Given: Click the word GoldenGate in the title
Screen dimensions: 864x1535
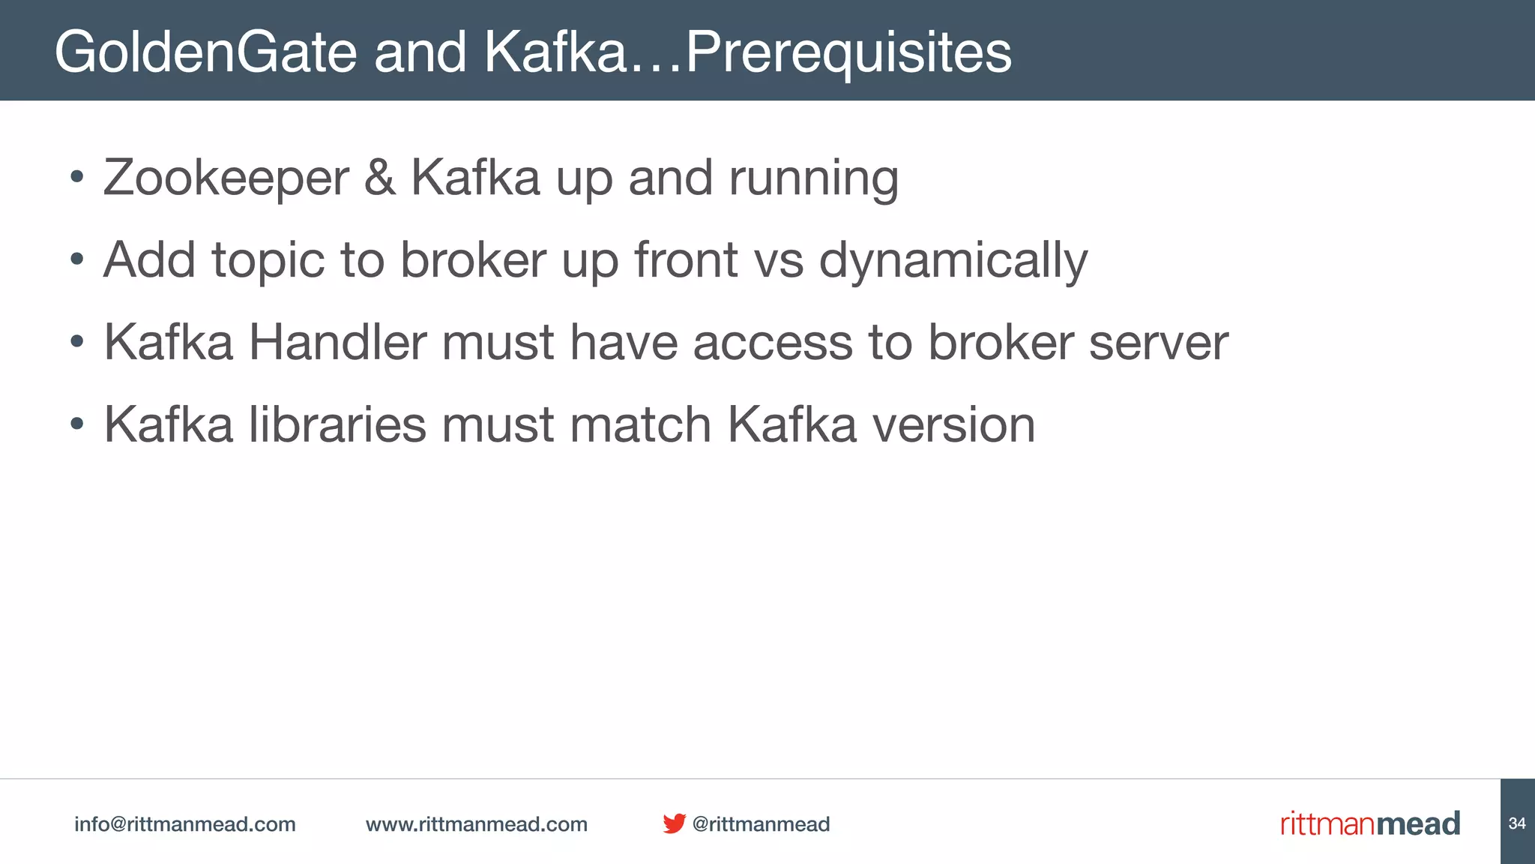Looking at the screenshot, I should click(x=205, y=52).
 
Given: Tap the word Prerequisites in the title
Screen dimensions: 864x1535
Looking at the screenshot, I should click(x=848, y=52).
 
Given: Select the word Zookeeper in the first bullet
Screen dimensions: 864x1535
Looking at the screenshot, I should click(x=226, y=178).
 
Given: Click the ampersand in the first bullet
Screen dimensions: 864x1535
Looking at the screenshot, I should click(x=380, y=178).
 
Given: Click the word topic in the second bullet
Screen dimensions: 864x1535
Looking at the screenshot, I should click(x=268, y=261).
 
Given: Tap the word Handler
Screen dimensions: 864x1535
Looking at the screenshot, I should click(x=337, y=343).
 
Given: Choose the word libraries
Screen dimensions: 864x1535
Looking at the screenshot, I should click(x=337, y=424).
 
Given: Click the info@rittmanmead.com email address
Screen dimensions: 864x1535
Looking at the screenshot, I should click(x=184, y=824).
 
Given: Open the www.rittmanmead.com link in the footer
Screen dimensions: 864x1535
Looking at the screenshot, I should click(x=476, y=824).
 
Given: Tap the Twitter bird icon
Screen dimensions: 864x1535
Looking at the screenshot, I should click(x=674, y=823).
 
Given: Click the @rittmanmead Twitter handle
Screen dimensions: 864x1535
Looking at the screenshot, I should click(x=761, y=824).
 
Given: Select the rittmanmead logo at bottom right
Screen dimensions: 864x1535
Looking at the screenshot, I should click(x=1369, y=823).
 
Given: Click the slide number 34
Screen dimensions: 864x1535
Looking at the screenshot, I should click(x=1517, y=823).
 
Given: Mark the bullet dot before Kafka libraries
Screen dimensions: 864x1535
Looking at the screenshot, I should click(x=76, y=424).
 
